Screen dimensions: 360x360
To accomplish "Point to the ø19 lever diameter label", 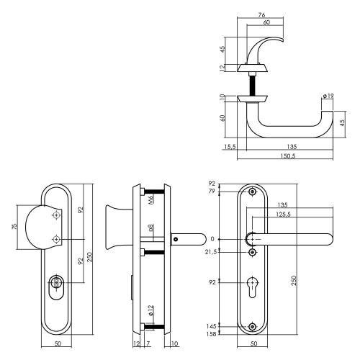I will click(x=328, y=96).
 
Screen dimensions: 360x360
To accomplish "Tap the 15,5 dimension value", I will click(x=230, y=147).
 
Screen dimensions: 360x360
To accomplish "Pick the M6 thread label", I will click(x=152, y=199).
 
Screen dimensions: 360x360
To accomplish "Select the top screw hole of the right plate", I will click(x=252, y=192).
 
